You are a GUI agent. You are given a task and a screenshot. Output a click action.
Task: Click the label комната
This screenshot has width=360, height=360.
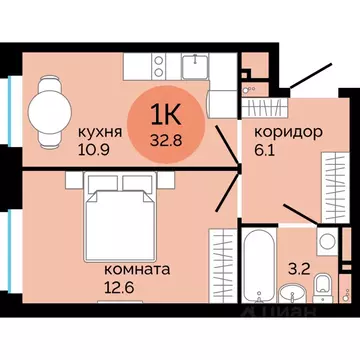coord(136,269)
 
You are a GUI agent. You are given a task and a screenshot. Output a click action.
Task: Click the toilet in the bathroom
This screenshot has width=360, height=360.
coord(322,289)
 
